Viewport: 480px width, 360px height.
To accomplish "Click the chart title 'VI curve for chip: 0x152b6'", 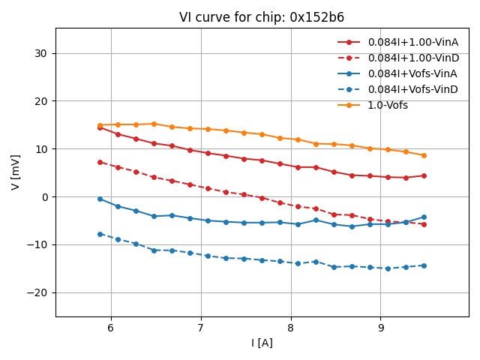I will (262, 17).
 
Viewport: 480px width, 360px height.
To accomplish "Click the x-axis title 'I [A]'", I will (262, 343).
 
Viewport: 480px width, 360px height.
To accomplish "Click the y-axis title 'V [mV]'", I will (16, 172).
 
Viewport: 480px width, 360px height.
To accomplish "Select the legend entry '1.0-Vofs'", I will (388, 105).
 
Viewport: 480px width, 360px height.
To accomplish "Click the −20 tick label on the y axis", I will (38, 292).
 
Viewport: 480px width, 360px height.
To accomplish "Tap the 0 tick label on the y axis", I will (44, 197).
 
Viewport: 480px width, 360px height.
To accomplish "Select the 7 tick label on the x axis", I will (201, 328).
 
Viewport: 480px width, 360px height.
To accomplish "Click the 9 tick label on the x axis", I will (380, 328).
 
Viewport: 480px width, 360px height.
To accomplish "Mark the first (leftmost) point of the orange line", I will (100, 125).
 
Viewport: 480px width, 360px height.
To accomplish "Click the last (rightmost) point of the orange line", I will (424, 155).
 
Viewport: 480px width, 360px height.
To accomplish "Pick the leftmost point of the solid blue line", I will (100, 199).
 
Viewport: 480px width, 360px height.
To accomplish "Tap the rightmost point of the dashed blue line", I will (424, 265).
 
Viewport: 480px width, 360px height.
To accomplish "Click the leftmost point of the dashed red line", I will (100, 162).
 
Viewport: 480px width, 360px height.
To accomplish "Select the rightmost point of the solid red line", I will (424, 175).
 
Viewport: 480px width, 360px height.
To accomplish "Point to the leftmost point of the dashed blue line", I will (100, 234).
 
